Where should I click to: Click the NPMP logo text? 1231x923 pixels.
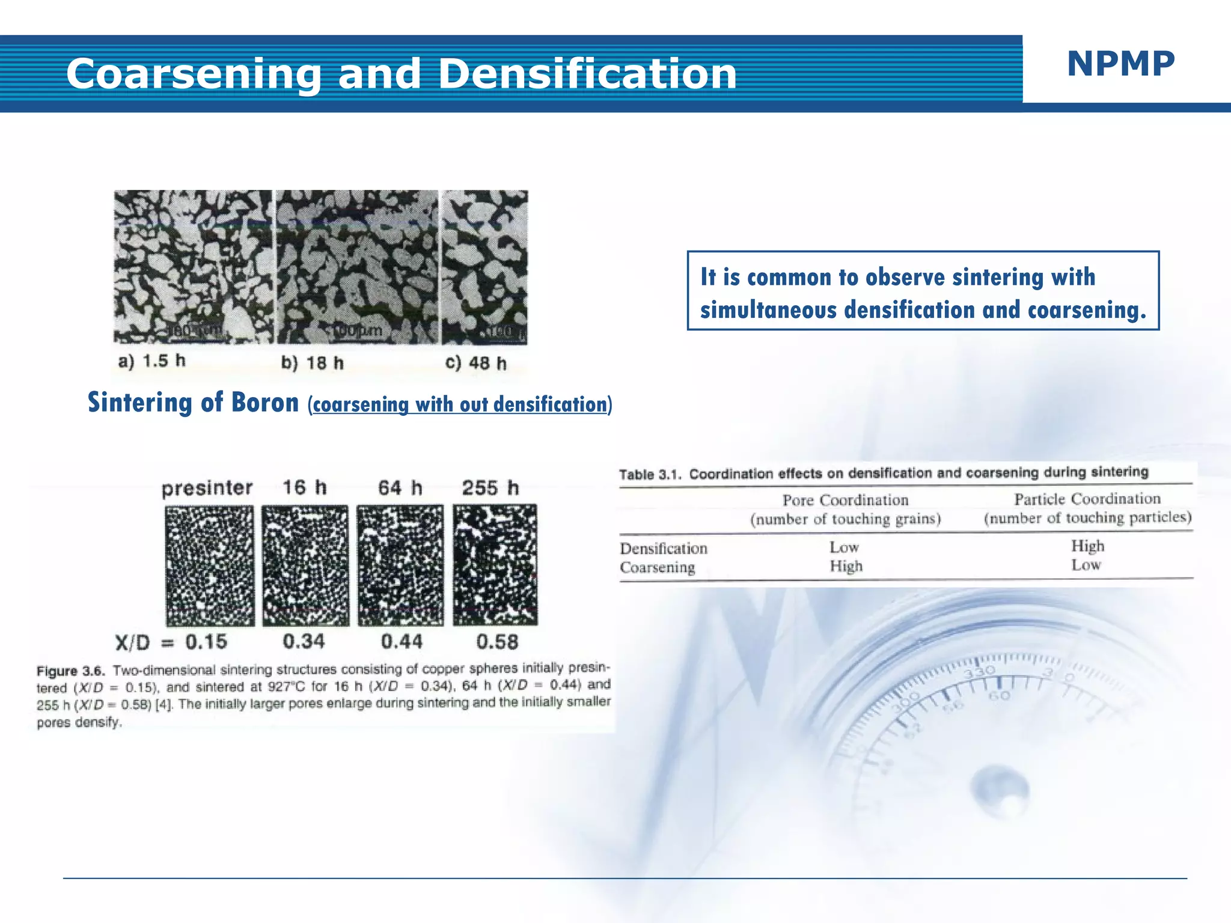coord(1120,64)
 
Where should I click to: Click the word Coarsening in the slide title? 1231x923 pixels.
coord(194,74)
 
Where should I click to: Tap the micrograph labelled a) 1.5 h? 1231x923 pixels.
coord(193,267)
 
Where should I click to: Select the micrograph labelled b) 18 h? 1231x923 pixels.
coord(357,267)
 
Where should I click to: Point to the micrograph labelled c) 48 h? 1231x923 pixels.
coord(485,267)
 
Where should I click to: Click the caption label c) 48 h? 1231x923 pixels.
coord(476,363)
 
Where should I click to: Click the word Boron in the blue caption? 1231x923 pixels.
coord(265,403)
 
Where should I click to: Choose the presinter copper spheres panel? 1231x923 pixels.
coord(210,565)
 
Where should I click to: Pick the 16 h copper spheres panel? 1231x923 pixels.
coord(305,565)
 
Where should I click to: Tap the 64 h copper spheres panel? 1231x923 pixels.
coord(400,565)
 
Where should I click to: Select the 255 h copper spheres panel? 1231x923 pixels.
coord(495,565)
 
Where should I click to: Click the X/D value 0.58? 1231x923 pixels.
coord(497,642)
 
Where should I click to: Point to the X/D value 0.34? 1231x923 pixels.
coord(304,642)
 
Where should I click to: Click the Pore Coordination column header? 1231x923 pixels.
coord(845,501)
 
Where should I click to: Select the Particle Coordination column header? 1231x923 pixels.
coord(1087,499)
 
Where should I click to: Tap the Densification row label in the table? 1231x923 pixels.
coord(664,549)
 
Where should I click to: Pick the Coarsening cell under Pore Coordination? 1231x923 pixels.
coord(846,566)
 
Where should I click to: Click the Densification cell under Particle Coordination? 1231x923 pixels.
coord(1087,546)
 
